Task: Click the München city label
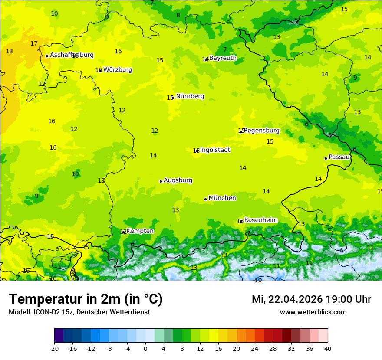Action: (222, 198)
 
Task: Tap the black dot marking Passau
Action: (326, 158)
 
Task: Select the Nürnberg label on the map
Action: (190, 96)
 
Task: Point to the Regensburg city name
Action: (261, 131)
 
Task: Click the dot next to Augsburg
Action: (161, 181)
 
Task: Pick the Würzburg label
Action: (118, 70)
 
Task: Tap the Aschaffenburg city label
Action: (72, 55)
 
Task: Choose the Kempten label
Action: (140, 231)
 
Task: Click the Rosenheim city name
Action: (260, 220)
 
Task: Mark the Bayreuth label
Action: (223, 58)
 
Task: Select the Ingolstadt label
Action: (215, 150)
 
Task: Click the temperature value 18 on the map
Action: (9, 52)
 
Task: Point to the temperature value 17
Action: (34, 44)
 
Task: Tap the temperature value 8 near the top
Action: (178, 16)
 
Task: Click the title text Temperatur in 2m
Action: (86, 299)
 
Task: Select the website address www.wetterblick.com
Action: (313, 312)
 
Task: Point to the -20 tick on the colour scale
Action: (54, 348)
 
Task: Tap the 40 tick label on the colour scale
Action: (327, 348)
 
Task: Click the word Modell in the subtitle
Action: (19, 312)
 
